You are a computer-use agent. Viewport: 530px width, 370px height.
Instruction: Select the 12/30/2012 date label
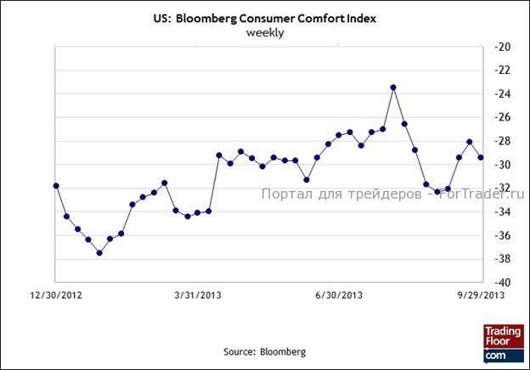tap(54, 295)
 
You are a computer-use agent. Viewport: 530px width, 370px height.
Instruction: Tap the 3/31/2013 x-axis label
tap(197, 295)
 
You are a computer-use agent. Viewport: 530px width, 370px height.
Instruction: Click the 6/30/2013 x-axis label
tap(339, 295)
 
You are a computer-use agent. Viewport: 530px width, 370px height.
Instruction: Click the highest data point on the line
tap(393, 87)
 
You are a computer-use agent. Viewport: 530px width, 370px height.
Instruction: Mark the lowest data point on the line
tap(99, 253)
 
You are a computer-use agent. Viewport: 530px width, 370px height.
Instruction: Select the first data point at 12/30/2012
tap(56, 185)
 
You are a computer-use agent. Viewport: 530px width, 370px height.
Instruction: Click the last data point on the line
tap(481, 157)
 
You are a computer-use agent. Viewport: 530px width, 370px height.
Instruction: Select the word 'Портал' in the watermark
tap(284, 194)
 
